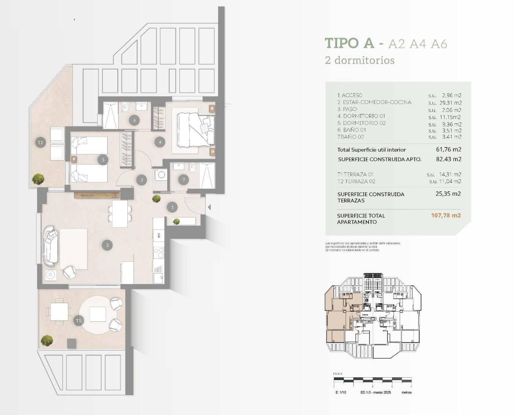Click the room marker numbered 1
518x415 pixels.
click(x=172, y=207)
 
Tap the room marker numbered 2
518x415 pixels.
click(x=107, y=245)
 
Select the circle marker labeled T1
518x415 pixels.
click(x=78, y=321)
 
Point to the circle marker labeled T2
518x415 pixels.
click(x=40, y=142)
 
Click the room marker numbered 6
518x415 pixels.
click(x=134, y=120)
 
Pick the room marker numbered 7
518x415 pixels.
click(x=184, y=180)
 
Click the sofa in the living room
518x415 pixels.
click(x=51, y=245)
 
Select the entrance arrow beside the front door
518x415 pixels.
click(x=209, y=207)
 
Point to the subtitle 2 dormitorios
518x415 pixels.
click(x=360, y=60)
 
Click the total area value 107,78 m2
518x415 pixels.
click(x=446, y=216)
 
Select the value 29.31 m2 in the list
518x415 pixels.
click(x=450, y=103)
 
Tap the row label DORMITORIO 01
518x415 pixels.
click(x=361, y=116)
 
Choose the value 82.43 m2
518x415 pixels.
click(x=449, y=159)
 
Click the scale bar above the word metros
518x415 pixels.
click(x=372, y=381)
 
